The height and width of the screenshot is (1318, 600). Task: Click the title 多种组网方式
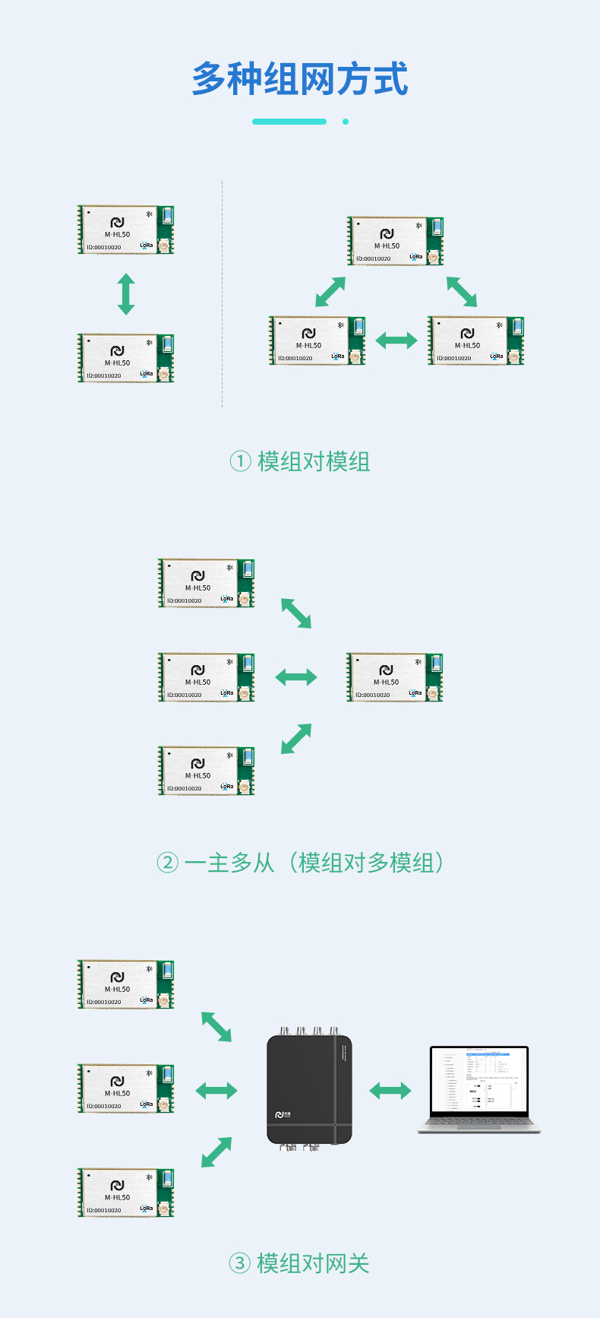point(300,79)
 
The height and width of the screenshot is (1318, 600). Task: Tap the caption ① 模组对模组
point(300,461)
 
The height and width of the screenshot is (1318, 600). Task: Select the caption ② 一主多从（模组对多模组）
point(300,863)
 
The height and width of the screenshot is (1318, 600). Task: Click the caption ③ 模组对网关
point(299,1263)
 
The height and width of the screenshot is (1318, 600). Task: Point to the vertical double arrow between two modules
point(126,294)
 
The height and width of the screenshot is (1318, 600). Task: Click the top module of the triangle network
point(395,241)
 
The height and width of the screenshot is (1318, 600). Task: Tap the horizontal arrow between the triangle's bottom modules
point(396,341)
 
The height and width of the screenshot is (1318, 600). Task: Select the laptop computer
point(478,1090)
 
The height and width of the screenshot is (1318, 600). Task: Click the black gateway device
point(309,1088)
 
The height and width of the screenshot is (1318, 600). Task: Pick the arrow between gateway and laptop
point(390,1091)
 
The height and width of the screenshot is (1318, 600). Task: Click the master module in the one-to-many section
point(394,677)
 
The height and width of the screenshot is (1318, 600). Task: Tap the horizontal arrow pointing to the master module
point(296,676)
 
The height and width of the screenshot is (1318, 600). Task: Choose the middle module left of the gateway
point(126,1088)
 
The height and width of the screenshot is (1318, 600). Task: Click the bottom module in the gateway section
point(126,1193)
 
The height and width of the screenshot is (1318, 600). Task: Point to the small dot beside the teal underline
point(346,122)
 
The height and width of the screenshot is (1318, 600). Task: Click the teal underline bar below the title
point(289,122)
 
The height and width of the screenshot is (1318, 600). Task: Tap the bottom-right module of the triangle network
point(475,341)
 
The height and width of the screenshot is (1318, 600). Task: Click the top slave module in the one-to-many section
point(206,583)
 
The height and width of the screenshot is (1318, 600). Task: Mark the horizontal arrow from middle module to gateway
point(216,1091)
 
